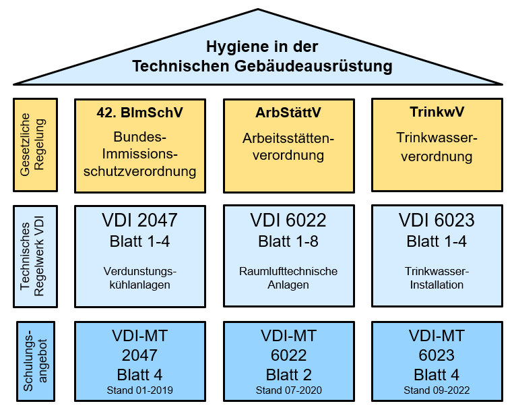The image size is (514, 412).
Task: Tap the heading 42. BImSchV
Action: click(140, 112)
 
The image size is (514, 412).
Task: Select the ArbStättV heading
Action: click(288, 112)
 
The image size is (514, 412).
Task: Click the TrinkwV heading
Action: click(437, 112)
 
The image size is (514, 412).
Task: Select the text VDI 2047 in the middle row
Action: click(140, 220)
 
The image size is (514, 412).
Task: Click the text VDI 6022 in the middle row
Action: click(288, 220)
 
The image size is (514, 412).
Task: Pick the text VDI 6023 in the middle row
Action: click(437, 220)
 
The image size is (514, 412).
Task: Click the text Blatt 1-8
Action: click(288, 241)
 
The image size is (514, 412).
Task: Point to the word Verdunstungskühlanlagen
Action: click(140, 278)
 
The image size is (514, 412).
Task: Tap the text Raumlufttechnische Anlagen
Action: click(288, 278)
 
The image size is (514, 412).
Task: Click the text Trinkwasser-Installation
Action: click(437, 278)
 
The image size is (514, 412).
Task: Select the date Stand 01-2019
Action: click(140, 390)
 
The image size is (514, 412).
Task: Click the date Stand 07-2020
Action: click(288, 390)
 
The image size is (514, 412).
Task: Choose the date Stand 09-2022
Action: click(437, 390)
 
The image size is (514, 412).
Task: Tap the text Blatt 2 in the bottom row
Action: click(288, 375)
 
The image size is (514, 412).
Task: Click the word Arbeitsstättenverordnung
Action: click(288, 147)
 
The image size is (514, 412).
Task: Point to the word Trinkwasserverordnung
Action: click(437, 147)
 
